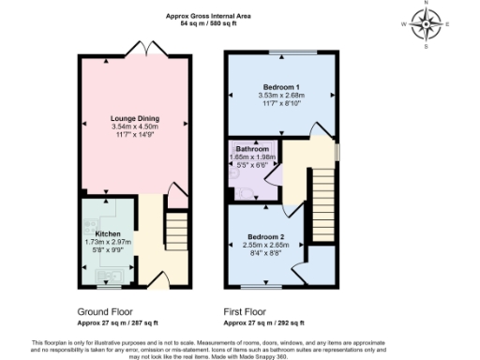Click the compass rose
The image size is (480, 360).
pyautogui.click(x=427, y=24)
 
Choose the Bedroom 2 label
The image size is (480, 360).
pyautogui.click(x=264, y=236)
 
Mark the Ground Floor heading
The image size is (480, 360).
pyautogui.click(x=105, y=311)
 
